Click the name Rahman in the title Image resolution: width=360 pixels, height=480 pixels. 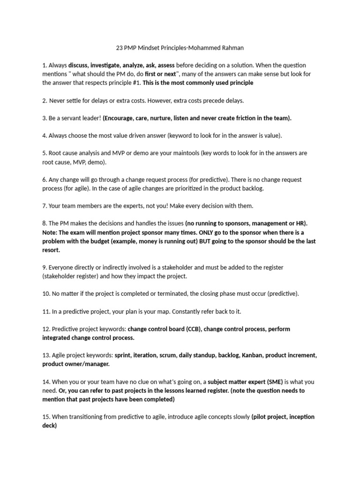tap(232, 48)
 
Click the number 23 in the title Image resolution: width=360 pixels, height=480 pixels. tap(120, 48)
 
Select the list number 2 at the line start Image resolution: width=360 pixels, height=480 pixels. tap(44, 100)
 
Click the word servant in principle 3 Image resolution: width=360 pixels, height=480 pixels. tap(71, 118)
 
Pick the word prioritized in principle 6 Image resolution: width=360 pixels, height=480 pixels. tap(195, 188)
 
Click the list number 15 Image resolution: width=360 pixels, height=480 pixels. tap(45, 417)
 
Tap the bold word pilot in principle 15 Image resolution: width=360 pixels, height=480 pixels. tap(261, 417)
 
